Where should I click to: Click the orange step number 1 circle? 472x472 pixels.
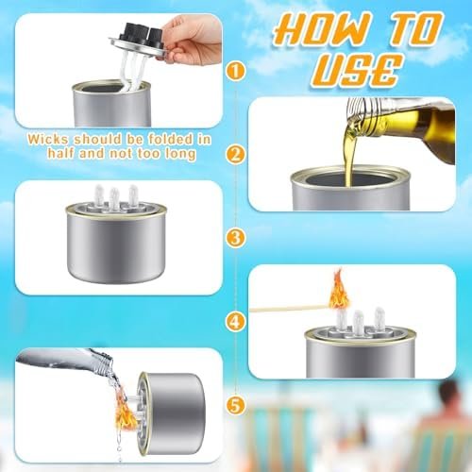click(236, 72)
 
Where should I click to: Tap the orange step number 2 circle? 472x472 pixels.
click(236, 155)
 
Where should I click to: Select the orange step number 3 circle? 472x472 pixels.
click(236, 238)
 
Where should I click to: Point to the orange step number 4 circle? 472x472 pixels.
click(236, 321)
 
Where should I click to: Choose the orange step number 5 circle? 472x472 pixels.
click(236, 405)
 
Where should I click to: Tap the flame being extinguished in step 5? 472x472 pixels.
click(126, 411)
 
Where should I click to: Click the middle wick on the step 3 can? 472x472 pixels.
click(114, 198)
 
